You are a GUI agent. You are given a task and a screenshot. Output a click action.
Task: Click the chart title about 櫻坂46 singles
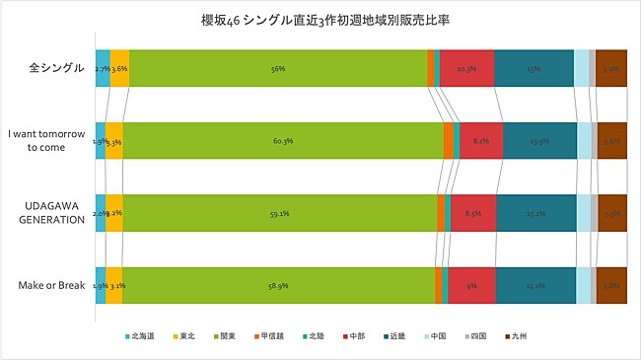pyautogui.click(x=320, y=20)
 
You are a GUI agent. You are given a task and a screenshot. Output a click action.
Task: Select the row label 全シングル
pyautogui.click(x=55, y=69)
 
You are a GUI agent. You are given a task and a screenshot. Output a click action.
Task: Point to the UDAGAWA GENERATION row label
pyautogui.click(x=52, y=212)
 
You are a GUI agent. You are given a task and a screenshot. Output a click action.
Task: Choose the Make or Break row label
pyautogui.click(x=52, y=285)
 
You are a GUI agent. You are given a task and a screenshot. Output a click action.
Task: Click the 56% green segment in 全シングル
pyautogui.click(x=278, y=69)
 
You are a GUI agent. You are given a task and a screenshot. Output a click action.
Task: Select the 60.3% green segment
pyautogui.click(x=283, y=141)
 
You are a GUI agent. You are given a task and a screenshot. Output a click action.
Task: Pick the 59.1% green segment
pyautogui.click(x=280, y=213)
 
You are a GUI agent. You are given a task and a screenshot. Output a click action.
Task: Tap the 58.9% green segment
pyautogui.click(x=278, y=285)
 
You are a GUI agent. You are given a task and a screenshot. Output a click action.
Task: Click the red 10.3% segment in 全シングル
pyautogui.click(x=466, y=69)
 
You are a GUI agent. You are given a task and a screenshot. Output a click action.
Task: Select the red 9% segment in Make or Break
pyautogui.click(x=471, y=285)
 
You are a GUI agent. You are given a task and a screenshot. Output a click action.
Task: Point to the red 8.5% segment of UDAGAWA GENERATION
pyautogui.click(x=473, y=213)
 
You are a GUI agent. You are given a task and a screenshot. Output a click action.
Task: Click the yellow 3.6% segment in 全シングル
pyautogui.click(x=119, y=69)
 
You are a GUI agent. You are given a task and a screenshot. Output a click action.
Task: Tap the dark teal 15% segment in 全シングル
pyautogui.click(x=534, y=69)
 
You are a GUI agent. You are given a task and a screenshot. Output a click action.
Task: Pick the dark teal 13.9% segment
pyautogui.click(x=539, y=141)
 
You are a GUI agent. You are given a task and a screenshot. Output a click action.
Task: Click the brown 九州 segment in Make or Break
pyautogui.click(x=611, y=285)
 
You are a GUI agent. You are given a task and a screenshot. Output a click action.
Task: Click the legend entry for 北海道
pyautogui.click(x=144, y=337)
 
